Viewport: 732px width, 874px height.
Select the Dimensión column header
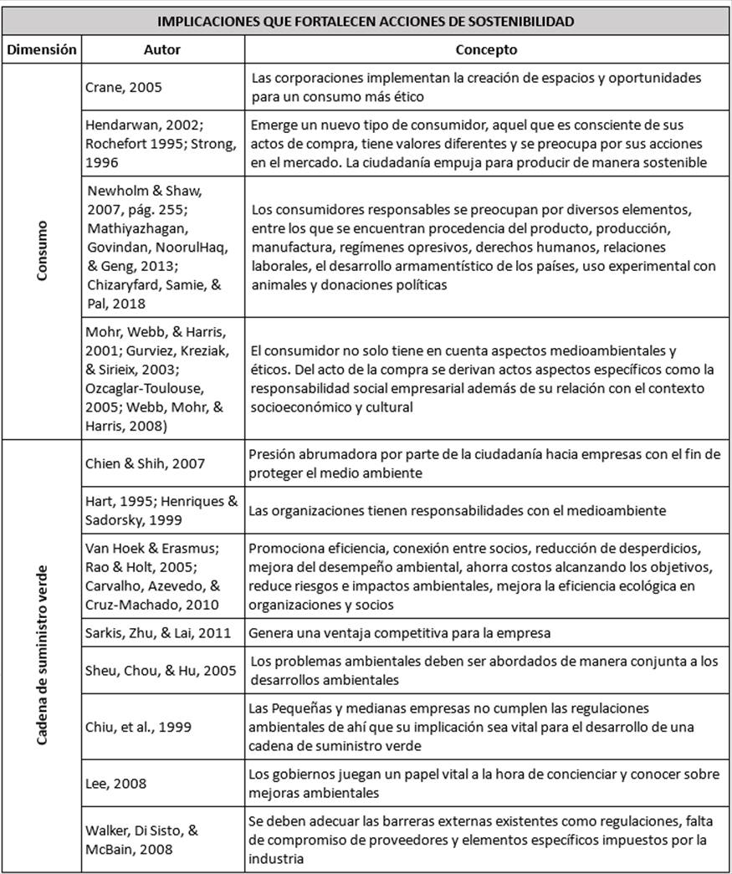(42, 49)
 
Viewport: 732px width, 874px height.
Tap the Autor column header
(162, 49)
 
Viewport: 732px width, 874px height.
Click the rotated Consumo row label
(42, 250)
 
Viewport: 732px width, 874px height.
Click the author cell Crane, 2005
(124, 87)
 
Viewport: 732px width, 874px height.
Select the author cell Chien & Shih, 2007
(145, 464)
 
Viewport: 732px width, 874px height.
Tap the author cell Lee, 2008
(116, 784)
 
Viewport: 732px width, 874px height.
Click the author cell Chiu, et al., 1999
(138, 727)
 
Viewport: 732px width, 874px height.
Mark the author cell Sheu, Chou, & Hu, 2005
(161, 670)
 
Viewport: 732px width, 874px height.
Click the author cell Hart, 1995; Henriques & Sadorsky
(162, 511)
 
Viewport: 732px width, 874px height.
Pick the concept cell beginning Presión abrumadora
(484, 464)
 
